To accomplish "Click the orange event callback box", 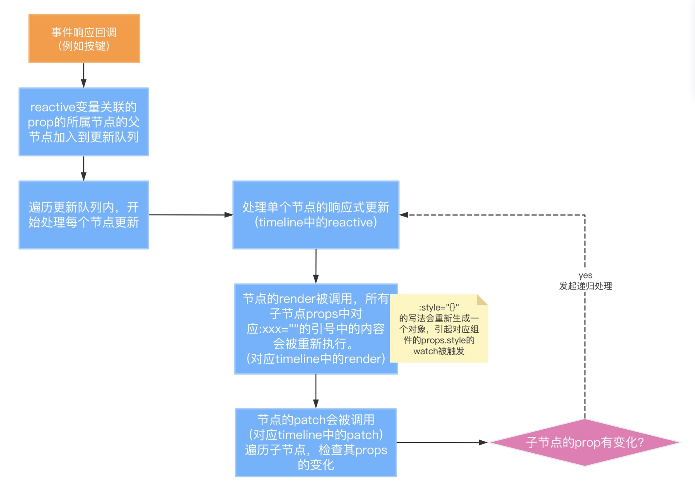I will (84, 38).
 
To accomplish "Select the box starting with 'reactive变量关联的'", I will (84, 122).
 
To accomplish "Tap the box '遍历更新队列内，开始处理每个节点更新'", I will (84, 215).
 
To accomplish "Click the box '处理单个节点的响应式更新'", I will (316, 215).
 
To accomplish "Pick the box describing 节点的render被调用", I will (316, 329).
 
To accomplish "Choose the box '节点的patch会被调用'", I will (316, 442).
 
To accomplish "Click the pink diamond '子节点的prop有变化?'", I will (585, 442).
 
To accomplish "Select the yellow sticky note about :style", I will (439, 329).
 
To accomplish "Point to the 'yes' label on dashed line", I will (585, 275).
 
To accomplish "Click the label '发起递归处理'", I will (585, 286).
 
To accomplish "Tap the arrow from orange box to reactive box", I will (84, 76).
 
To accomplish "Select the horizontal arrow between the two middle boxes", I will (190, 215).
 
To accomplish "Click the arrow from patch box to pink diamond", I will (442, 442).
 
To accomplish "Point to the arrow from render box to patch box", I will (316, 391).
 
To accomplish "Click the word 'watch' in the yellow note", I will (425, 352).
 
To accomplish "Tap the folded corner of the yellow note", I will (482, 300).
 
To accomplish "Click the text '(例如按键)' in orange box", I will (84, 46).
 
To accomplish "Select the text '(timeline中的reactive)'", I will (316, 223).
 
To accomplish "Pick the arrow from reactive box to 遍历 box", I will (84, 168).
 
